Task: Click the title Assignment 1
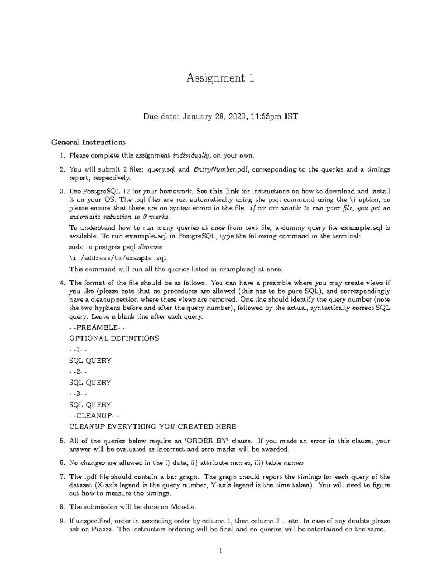(x=220, y=78)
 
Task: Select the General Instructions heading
(x=88, y=142)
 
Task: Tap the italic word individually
(x=192, y=155)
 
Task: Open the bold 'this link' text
(x=224, y=191)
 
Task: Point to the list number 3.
(x=62, y=191)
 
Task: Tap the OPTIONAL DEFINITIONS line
(x=114, y=338)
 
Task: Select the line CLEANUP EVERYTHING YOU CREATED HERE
(x=153, y=427)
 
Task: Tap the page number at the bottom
(x=220, y=551)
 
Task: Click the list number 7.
(x=62, y=477)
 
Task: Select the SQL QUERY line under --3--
(x=90, y=405)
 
